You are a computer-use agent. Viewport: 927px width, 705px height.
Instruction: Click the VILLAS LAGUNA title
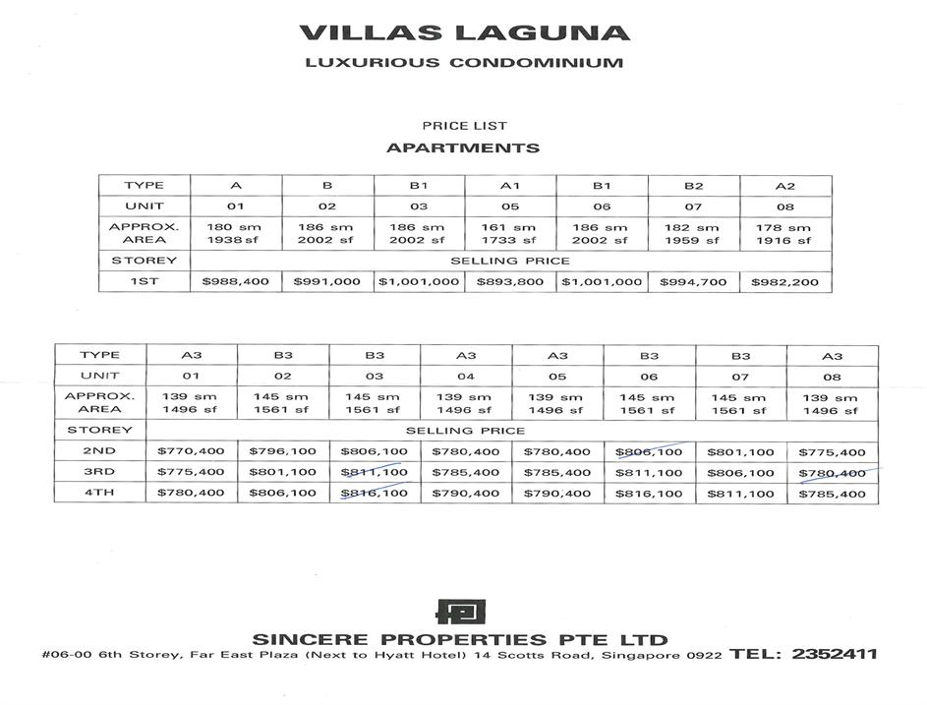[x=464, y=31]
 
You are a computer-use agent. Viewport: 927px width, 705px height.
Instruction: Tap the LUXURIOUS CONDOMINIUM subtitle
[x=464, y=63]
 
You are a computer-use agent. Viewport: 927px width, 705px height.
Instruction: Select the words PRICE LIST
[x=464, y=126]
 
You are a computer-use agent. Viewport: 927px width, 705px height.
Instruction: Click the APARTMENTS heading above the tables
[x=463, y=148]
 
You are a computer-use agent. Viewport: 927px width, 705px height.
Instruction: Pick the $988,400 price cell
[x=235, y=282]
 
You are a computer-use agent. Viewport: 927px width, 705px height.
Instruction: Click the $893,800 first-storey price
[x=509, y=282]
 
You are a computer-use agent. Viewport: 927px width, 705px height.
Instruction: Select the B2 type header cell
[x=693, y=186]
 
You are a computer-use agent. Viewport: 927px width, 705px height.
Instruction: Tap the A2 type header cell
[x=784, y=186]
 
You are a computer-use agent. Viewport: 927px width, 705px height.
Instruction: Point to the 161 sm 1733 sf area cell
[x=509, y=233]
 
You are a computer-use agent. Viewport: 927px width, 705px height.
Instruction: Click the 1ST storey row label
[x=144, y=282]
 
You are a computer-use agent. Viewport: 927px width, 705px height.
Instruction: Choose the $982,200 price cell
[x=784, y=282]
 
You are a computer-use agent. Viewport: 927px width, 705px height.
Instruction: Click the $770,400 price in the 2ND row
[x=191, y=451]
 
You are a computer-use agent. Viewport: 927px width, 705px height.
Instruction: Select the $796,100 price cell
[x=282, y=451]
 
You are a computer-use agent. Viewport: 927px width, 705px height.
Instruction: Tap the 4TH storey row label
[x=99, y=493]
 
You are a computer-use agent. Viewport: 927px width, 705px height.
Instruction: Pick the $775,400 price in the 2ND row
[x=833, y=451]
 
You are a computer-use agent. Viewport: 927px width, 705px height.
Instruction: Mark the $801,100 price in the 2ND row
[x=740, y=451]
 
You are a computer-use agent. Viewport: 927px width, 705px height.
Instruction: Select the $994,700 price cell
[x=693, y=282]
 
